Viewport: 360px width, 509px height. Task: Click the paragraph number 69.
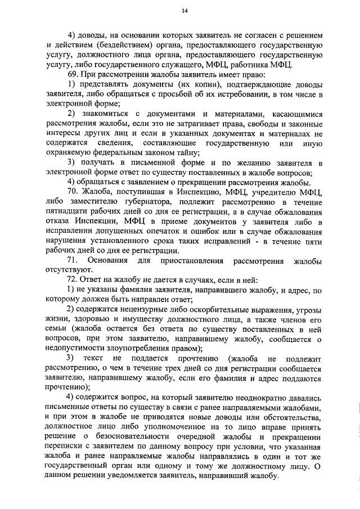[x=73, y=74]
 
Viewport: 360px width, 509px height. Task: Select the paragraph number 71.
[x=73, y=261]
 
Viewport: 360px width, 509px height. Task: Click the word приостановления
[x=190, y=261]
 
